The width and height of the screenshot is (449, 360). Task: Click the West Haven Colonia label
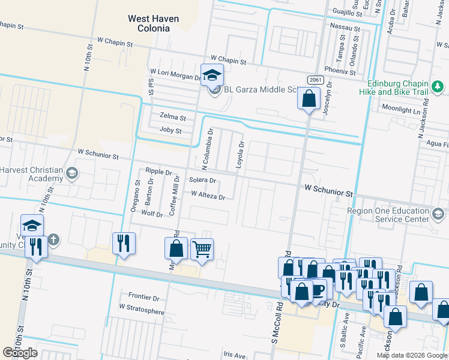pyautogui.click(x=153, y=23)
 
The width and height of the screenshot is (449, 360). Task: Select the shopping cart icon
pyautogui.click(x=202, y=248)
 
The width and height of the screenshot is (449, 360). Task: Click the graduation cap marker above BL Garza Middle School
pyautogui.click(x=212, y=75)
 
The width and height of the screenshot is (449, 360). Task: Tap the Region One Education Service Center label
pyautogui.click(x=389, y=215)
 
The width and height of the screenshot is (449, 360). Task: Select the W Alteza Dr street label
pyautogui.click(x=208, y=196)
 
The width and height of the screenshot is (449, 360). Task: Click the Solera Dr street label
pyautogui.click(x=202, y=181)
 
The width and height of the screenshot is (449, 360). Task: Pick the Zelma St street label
pyautogui.click(x=173, y=117)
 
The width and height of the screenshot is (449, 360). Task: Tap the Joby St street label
pyautogui.click(x=170, y=130)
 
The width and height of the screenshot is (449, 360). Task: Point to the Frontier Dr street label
pyautogui.click(x=144, y=297)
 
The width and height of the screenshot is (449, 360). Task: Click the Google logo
pyautogui.click(x=20, y=353)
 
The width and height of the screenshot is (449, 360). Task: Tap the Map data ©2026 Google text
pyautogui.click(x=412, y=355)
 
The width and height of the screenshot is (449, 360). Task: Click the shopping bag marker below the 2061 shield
pyautogui.click(x=308, y=98)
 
